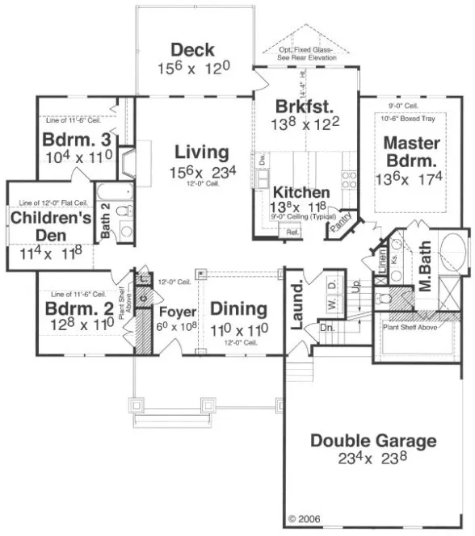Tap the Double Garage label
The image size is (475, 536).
pyautogui.click(x=373, y=442)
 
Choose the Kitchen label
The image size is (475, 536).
pyautogui.click(x=301, y=193)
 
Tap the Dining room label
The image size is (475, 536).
pyautogui.click(x=238, y=308)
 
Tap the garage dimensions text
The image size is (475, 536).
pyautogui.click(x=373, y=459)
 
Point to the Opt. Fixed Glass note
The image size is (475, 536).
pyautogui.click(x=306, y=52)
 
